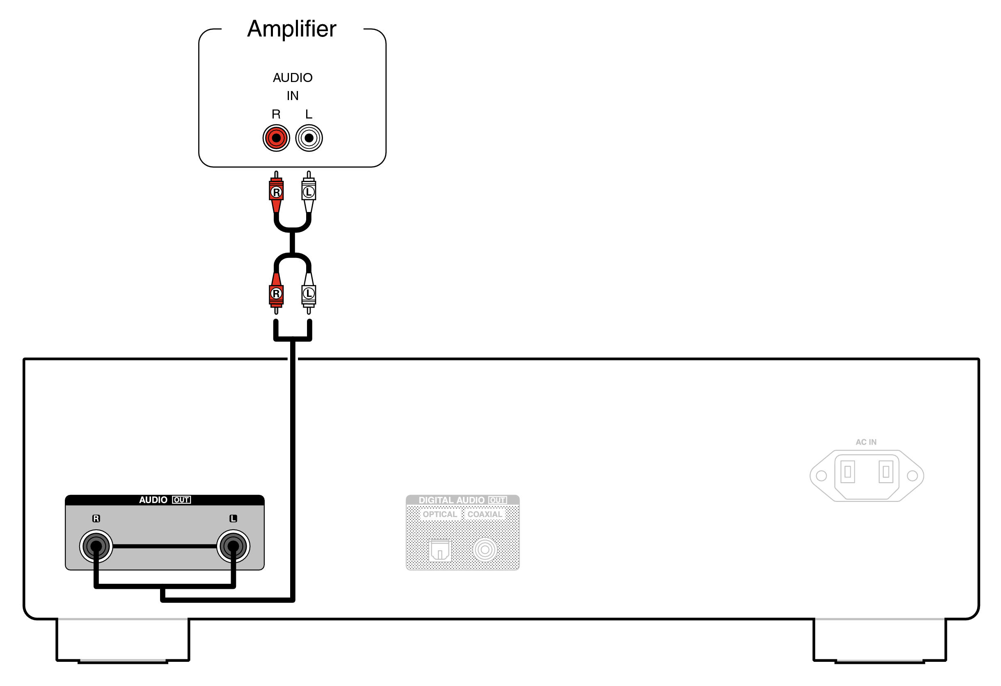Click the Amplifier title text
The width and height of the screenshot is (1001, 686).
click(292, 29)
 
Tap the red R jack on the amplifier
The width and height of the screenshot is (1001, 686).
click(276, 138)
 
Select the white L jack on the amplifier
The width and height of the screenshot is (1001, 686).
click(309, 138)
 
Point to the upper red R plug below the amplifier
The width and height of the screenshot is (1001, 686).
click(276, 192)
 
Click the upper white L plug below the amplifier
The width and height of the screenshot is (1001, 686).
click(308, 192)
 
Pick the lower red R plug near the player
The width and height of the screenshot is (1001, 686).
click(276, 294)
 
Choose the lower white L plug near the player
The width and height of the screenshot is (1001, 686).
click(308, 294)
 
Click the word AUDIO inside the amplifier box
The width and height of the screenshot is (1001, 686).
click(293, 78)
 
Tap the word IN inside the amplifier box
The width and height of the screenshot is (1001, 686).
click(293, 96)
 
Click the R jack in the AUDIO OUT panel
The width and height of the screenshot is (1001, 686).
click(96, 546)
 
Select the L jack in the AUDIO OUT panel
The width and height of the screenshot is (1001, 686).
click(233, 546)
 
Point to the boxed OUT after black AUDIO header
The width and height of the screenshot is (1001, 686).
click(181, 500)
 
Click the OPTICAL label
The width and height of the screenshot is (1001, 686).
click(439, 514)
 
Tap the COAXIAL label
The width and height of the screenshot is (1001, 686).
click(485, 514)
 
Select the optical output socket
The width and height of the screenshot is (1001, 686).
click(440, 550)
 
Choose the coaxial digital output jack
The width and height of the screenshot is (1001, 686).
click(485, 549)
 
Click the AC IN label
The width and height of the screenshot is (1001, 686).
click(866, 442)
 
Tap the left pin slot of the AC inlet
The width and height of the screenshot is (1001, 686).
click(847, 472)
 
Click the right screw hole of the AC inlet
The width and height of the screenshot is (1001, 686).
click(912, 476)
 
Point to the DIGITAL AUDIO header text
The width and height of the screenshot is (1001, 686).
click(451, 500)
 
